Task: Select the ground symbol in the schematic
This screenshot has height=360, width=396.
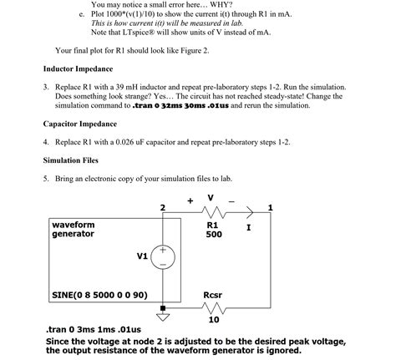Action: [162, 316]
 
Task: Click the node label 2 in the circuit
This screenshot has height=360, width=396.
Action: [162, 206]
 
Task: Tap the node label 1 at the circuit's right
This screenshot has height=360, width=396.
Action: [270, 206]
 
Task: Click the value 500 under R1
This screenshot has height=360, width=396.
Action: [213, 235]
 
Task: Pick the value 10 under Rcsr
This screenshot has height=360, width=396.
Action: [214, 319]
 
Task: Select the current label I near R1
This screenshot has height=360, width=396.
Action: [248, 226]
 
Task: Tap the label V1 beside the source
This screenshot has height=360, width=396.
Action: [142, 256]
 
